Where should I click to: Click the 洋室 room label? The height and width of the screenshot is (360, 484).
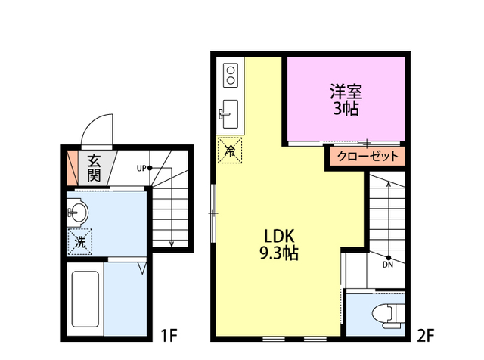pos(346,92)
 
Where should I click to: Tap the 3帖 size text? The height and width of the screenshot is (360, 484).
pos(346,109)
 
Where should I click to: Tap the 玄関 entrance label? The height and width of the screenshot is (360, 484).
pos(94,168)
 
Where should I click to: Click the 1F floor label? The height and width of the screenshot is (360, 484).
pos(168,333)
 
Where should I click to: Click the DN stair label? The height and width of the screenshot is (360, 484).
pos(387,265)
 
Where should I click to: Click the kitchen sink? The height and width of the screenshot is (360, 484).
pos(229,114)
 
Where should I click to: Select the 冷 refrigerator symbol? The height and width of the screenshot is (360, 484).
pos(229,150)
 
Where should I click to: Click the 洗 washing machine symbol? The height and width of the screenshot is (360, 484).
pos(79,241)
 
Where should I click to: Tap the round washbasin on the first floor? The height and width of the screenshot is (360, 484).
pos(77,213)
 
